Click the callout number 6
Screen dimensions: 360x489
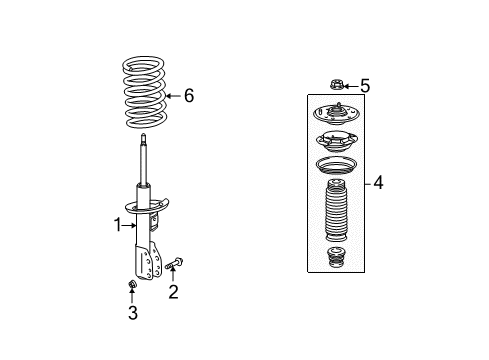click(x=189, y=96)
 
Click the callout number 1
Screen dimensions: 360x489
click(x=116, y=224)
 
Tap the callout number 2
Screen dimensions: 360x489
click(x=173, y=292)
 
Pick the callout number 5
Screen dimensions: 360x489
click(x=364, y=86)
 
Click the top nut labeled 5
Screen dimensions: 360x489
click(x=337, y=86)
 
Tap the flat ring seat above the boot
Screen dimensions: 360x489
click(x=337, y=165)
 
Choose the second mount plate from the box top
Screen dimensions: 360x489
click(x=337, y=140)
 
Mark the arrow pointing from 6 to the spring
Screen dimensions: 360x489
click(x=174, y=96)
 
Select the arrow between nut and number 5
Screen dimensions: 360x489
click(x=352, y=86)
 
